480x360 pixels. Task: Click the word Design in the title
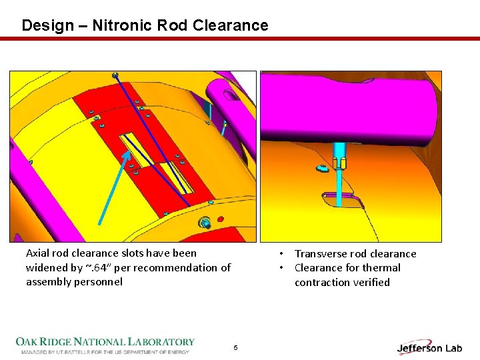coord(47,25)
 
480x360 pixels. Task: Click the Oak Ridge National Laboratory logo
coord(105,344)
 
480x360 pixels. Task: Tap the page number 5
coord(235,347)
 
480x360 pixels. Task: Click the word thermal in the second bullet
coord(380,267)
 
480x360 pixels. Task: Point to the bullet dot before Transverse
coord(283,253)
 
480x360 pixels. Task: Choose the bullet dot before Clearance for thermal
coord(283,267)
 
